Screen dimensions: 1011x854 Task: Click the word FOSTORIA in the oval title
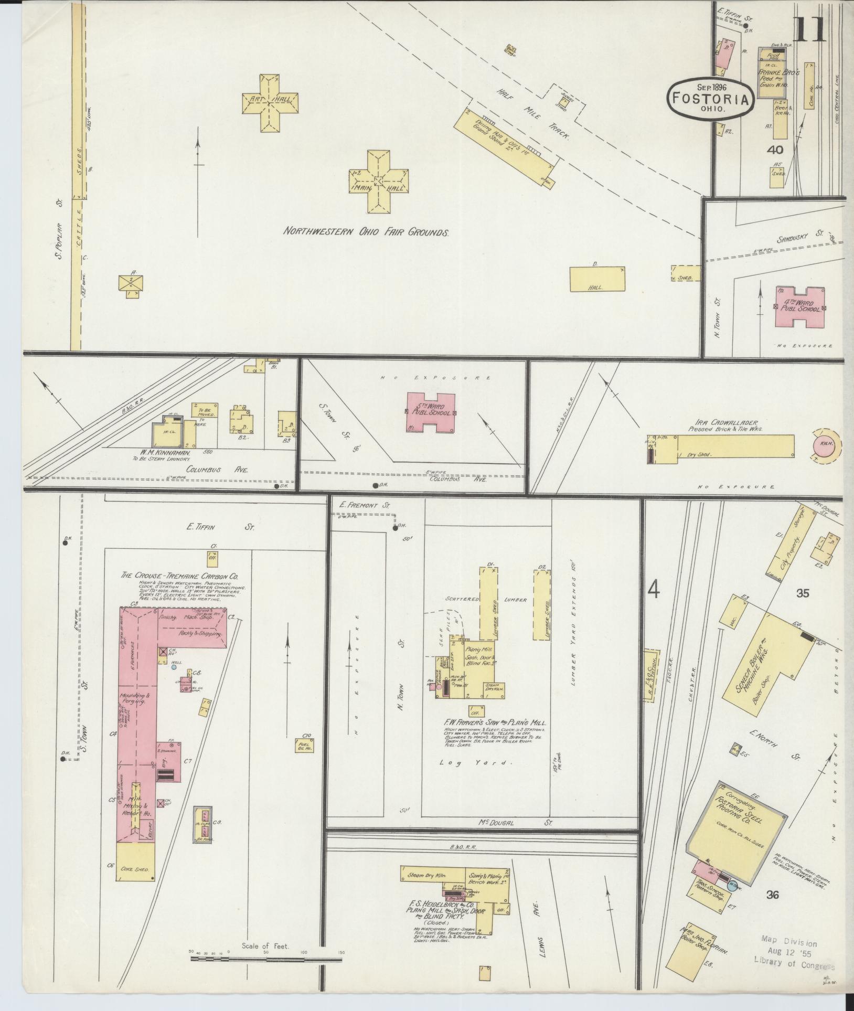711,99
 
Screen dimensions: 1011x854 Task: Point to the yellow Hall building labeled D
597,279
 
